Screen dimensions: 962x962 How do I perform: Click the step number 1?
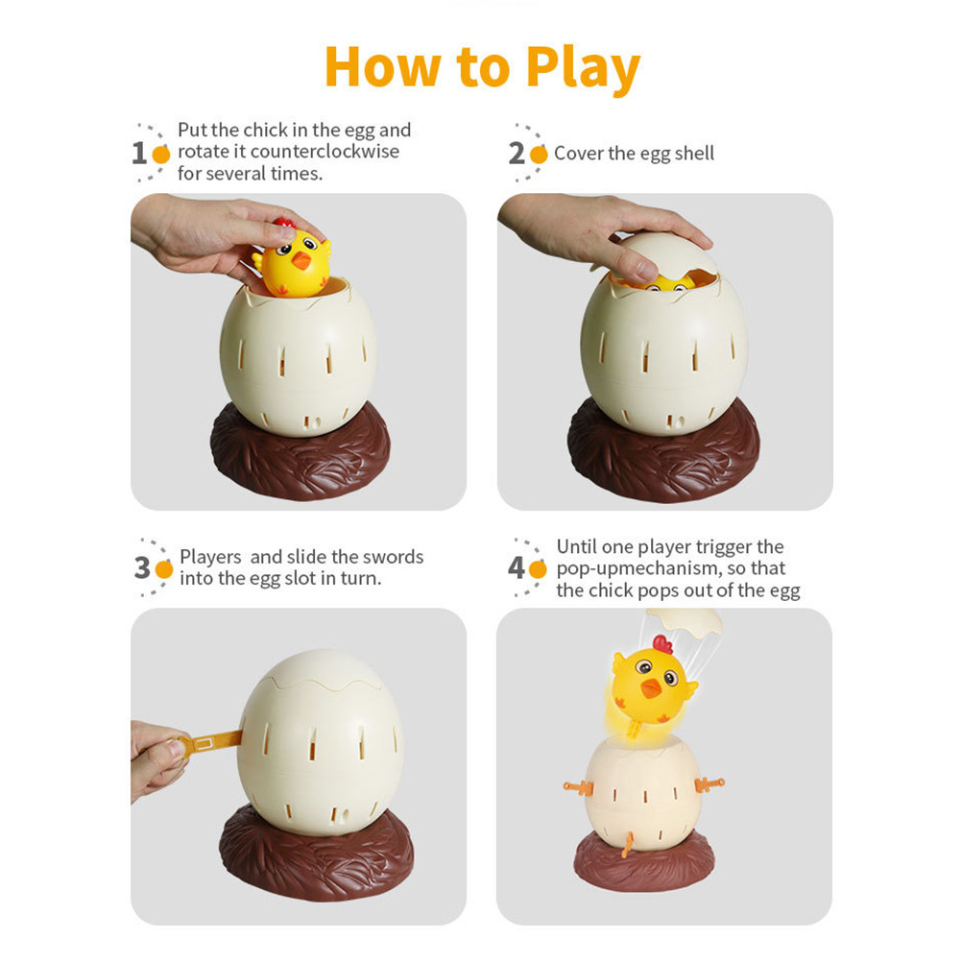pos(139,153)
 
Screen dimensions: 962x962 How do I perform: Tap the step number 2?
pos(517,153)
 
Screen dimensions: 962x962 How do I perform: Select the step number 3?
pos(142,568)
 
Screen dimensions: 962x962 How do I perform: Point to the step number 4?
pos(517,568)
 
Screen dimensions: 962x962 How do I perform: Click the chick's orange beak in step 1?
pos(302,260)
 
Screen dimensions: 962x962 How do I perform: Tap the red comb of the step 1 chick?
pos(283,224)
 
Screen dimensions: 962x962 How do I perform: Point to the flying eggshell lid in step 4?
pos(683,620)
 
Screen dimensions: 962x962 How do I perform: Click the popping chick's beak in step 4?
pos(651,687)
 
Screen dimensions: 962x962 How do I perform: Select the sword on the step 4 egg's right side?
pos(708,784)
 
